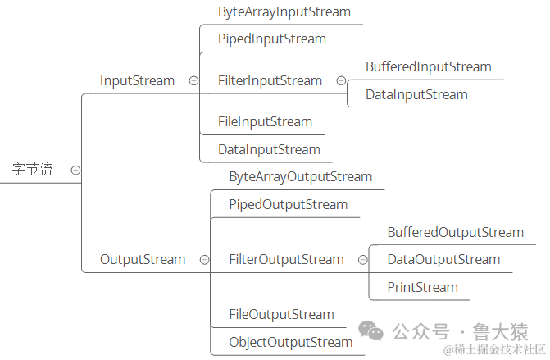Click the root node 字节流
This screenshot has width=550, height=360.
[32, 170]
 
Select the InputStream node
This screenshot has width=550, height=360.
[137, 80]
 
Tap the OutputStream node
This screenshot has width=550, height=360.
[143, 259]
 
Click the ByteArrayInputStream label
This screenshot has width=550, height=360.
[284, 12]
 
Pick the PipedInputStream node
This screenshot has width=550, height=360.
[272, 39]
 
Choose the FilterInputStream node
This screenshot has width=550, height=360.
[270, 80]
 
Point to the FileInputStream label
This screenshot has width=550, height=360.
[265, 121]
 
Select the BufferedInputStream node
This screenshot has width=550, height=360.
[428, 66]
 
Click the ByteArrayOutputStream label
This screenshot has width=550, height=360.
[300, 176]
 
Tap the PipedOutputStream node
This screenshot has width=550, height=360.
[289, 204]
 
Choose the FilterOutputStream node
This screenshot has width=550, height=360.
[286, 259]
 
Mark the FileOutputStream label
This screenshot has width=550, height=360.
[281, 314]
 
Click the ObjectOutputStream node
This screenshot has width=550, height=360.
[290, 342]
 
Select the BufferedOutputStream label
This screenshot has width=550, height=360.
[455, 232]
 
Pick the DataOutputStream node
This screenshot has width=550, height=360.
[443, 259]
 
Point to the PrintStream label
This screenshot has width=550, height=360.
[422, 287]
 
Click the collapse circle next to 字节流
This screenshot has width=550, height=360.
[75, 170]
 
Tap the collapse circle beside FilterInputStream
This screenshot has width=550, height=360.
[341, 80]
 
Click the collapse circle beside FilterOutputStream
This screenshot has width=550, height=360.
[362, 259]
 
